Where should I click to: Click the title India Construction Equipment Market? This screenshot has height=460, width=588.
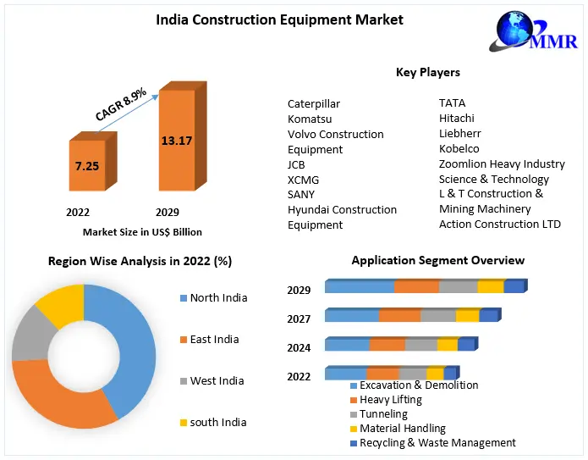coord(279,19)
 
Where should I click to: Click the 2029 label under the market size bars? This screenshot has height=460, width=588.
coord(168,212)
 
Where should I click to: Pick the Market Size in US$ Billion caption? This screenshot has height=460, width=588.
coord(142,231)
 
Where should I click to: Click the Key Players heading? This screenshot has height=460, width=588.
coord(428,72)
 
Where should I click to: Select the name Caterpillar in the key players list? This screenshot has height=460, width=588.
coord(313,104)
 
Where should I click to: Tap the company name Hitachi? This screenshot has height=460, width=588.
coord(457,119)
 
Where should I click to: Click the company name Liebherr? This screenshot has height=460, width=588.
coord(459,134)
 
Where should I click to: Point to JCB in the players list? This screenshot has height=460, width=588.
coord(296,164)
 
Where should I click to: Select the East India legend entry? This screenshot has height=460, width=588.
coord(213,339)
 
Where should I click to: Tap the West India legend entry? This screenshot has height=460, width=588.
coord(217,380)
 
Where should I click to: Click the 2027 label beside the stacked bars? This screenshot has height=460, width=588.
coord(299,319)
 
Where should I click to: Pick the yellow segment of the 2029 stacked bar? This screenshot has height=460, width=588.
coord(491,286)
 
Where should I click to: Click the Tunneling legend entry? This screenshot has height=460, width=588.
coord(383,414)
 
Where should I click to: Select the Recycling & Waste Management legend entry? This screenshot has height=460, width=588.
coord(437,442)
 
